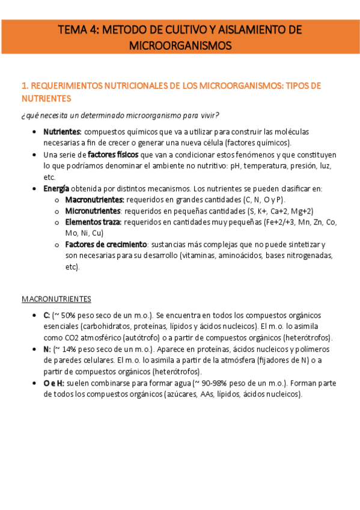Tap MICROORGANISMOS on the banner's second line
pos(180,45)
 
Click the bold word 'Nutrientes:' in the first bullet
pos(63,132)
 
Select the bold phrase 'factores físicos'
pos(113,155)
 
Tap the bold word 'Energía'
pos(56,188)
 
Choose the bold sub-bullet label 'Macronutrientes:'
pos(94,200)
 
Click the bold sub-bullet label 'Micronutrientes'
pos(93,211)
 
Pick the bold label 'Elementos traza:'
pos(93,222)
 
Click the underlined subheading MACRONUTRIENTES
pos(56,298)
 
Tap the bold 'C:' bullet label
pos(47,315)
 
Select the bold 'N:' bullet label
pos(47,349)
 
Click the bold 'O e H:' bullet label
pos(55,383)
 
